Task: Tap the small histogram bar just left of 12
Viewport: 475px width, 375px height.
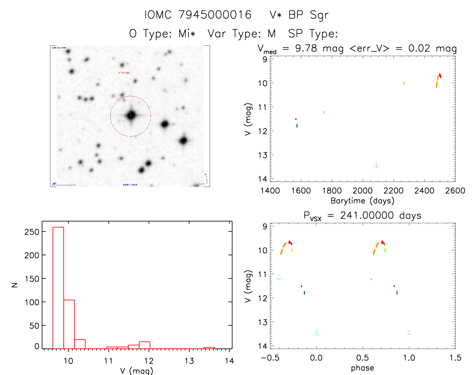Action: click(144, 345)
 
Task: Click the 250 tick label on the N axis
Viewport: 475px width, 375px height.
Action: click(32, 232)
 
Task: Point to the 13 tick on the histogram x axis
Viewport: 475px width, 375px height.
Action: click(189, 361)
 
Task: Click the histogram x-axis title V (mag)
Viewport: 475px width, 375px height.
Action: click(137, 371)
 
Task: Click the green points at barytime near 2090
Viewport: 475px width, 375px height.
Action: click(376, 166)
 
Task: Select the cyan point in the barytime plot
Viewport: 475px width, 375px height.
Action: click(324, 112)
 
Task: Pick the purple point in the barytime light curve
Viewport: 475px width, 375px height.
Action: click(296, 119)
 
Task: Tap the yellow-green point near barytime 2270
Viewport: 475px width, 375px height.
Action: click(404, 83)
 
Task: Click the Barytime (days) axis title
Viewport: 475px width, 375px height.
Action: click(362, 201)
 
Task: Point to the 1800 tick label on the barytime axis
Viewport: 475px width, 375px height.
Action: click(332, 191)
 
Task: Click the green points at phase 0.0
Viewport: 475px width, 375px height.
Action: click(316, 333)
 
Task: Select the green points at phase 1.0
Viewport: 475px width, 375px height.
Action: click(409, 333)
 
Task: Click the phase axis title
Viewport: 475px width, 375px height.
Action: click(362, 368)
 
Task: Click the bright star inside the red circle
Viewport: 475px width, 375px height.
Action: click(131, 115)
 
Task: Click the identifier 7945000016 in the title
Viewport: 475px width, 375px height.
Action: click(215, 15)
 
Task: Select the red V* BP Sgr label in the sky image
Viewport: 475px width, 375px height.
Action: click(124, 73)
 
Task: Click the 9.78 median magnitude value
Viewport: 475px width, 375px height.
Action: click(306, 48)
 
